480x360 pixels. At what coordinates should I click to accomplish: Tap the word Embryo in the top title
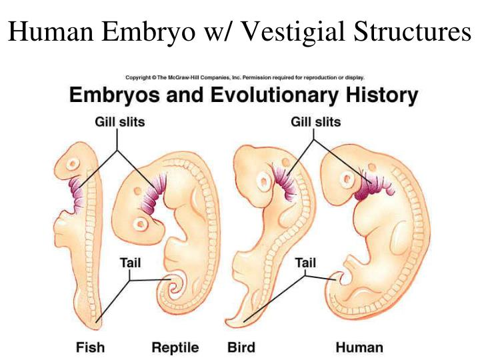pyautogui.click(x=148, y=32)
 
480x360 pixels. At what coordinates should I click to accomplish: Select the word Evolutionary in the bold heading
pyautogui.click(x=275, y=95)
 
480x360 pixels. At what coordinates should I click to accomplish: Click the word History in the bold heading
pyautogui.click(x=382, y=95)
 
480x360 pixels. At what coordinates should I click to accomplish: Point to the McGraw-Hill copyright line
pyautogui.click(x=245, y=77)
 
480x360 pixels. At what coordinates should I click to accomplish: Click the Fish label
pyautogui.click(x=90, y=347)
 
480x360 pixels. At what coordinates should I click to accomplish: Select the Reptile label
pyautogui.click(x=175, y=348)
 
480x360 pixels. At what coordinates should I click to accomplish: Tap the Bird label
pyautogui.click(x=241, y=347)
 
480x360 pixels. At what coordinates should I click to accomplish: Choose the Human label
pyautogui.click(x=359, y=347)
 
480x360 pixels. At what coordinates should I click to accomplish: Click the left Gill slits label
pyautogui.click(x=120, y=122)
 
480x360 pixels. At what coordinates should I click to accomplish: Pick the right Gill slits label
pyautogui.click(x=315, y=122)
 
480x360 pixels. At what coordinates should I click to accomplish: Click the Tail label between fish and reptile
pyautogui.click(x=131, y=263)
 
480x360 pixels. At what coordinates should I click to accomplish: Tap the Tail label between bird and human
pyautogui.click(x=305, y=263)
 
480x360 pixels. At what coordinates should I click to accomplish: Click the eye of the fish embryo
pyautogui.click(x=73, y=163)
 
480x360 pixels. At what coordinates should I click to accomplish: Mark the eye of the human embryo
pyautogui.click(x=348, y=179)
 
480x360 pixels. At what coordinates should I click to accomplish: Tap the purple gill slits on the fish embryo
pyautogui.click(x=77, y=195)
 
